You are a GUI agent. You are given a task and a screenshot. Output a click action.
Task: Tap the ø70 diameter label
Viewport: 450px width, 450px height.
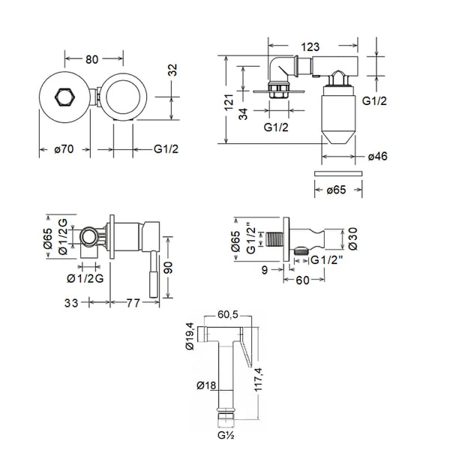[63, 149]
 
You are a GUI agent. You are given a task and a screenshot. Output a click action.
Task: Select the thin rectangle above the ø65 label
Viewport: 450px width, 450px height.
[338, 173]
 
